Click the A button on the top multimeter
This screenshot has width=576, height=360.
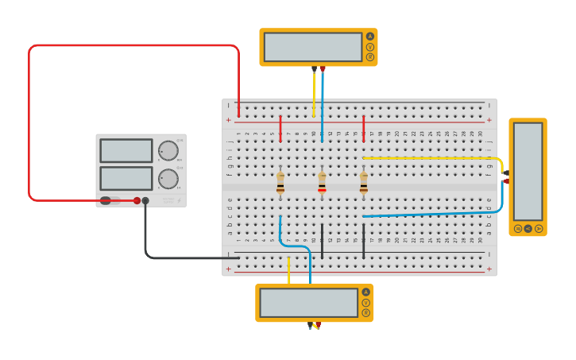click(x=369, y=37)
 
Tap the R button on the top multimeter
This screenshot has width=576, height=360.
click(x=369, y=57)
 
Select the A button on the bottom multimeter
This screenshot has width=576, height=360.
click(x=365, y=292)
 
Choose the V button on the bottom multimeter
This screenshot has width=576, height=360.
click(x=365, y=302)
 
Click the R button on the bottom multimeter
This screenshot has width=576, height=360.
click(x=365, y=312)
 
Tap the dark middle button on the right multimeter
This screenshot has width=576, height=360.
click(x=528, y=228)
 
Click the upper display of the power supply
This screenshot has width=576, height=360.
click(x=126, y=151)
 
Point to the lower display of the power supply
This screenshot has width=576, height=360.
click(x=126, y=178)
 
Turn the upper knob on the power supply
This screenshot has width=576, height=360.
click(x=168, y=151)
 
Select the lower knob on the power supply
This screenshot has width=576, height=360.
click(x=168, y=179)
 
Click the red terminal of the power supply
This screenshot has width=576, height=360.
click(x=137, y=201)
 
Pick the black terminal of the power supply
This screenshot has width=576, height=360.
click(x=145, y=201)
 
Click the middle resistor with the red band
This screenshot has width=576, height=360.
click(x=322, y=182)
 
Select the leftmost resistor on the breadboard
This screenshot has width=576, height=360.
click(x=280, y=182)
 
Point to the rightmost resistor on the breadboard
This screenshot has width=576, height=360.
click(x=364, y=182)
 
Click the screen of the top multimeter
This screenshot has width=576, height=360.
click(x=313, y=47)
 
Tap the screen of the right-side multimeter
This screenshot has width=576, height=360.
click(x=528, y=172)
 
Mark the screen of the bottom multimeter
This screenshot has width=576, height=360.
click(x=309, y=302)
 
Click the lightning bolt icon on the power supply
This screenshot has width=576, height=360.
click(x=178, y=199)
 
